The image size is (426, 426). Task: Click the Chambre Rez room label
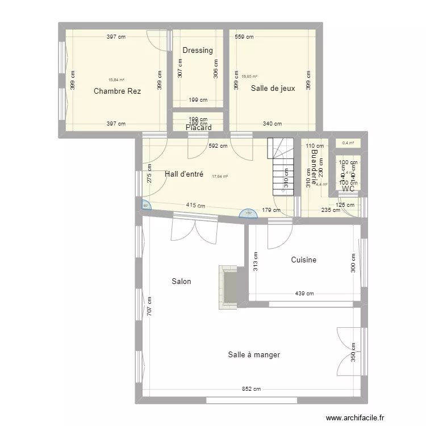pyautogui.click(x=117, y=91)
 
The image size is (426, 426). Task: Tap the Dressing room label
pyautogui.click(x=198, y=50)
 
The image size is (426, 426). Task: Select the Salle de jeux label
pyautogui.click(x=273, y=88)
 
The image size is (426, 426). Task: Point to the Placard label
pyautogui.click(x=198, y=128)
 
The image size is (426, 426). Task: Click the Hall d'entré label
pyautogui.click(x=184, y=174)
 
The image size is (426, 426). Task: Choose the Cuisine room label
pyautogui.click(x=303, y=260)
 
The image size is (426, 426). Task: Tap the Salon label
pyautogui.click(x=181, y=281)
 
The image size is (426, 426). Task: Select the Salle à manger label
pyautogui.click(x=254, y=354)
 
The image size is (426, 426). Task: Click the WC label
pyautogui.click(x=348, y=189)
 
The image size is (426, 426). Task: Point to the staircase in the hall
pyautogui.click(x=282, y=168)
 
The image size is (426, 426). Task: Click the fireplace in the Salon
pyautogui.click(x=229, y=287)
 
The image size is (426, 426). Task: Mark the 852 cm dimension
pyautogui.click(x=252, y=389)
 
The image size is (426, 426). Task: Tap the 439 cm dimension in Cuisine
pyautogui.click(x=304, y=294)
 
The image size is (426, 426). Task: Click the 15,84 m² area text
pyautogui.click(x=116, y=80)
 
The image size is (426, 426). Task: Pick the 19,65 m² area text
pyautogui.click(x=249, y=76)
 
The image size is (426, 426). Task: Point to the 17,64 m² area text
pyautogui.click(x=220, y=177)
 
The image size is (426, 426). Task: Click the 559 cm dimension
pyautogui.click(x=244, y=37)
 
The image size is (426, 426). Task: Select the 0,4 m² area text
pyautogui.click(x=348, y=143)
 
